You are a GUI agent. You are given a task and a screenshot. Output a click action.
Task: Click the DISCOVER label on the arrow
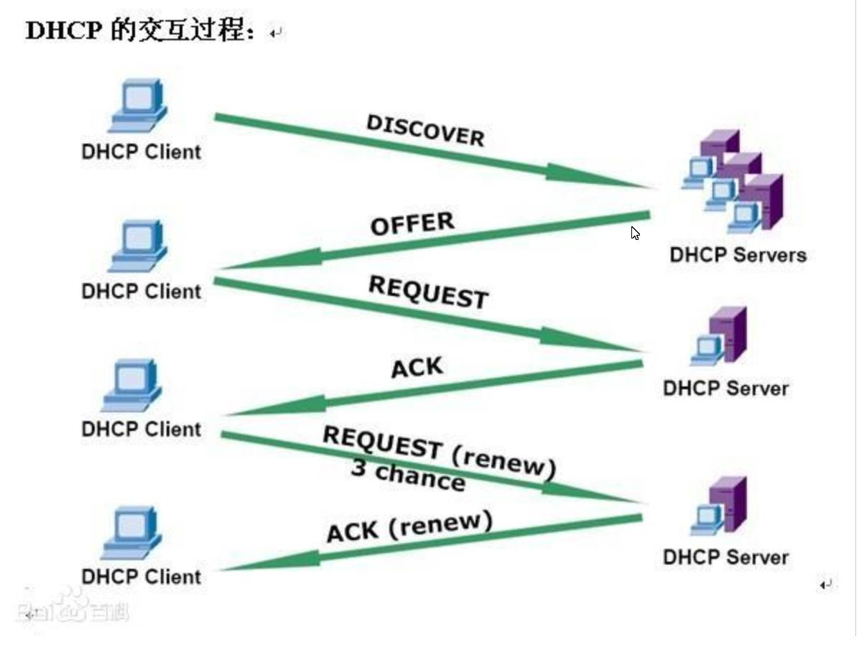tap(425, 130)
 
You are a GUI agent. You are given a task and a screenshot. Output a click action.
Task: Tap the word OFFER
tap(412, 223)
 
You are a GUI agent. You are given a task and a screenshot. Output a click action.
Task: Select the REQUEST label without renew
tap(428, 292)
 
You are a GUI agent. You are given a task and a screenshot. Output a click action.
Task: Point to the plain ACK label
tap(417, 368)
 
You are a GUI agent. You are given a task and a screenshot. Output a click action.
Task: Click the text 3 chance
tap(407, 475)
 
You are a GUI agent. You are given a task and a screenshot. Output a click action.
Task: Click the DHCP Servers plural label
tap(738, 255)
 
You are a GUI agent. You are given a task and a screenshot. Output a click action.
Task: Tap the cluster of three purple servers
tap(733, 180)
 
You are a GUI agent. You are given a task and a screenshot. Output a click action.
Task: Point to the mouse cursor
tap(635, 233)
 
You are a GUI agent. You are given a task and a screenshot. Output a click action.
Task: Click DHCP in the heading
tap(64, 31)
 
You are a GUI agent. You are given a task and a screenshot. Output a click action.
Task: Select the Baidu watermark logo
tap(75, 605)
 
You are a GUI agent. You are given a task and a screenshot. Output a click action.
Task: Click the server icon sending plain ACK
tap(720, 338)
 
